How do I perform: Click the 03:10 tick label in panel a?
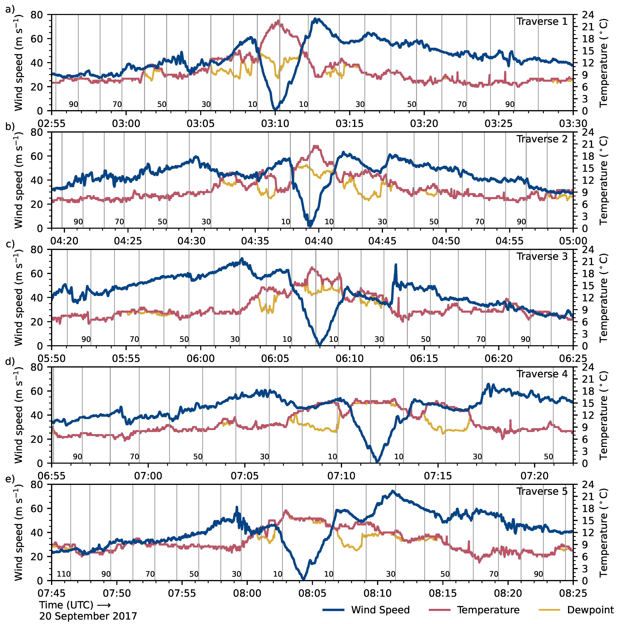(x=275, y=123)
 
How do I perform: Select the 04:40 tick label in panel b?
(x=319, y=241)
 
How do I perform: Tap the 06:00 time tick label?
(x=201, y=358)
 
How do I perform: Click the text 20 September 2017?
(x=88, y=616)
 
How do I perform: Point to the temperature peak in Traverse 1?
(x=278, y=21)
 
